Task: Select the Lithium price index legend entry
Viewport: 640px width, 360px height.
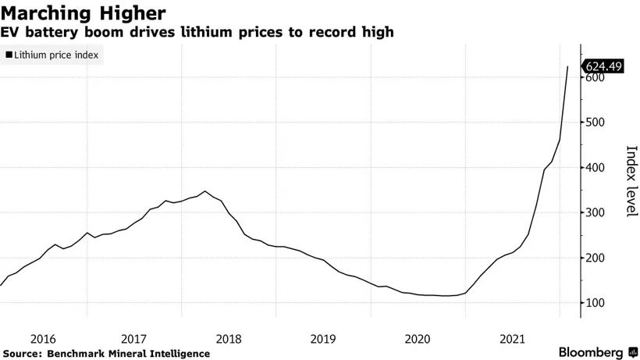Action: [51, 56]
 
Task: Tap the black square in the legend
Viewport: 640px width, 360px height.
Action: [9, 56]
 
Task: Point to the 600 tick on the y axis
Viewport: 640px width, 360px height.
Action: [596, 78]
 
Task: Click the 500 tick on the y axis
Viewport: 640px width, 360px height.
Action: [596, 123]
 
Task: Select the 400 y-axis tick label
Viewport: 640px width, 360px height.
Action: [596, 168]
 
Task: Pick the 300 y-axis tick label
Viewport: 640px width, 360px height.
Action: [596, 212]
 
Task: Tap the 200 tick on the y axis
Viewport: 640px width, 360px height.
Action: [596, 258]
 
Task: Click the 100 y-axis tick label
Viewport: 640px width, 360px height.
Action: [596, 302]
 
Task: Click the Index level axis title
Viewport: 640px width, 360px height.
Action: [629, 180]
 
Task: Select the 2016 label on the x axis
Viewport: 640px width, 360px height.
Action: [43, 339]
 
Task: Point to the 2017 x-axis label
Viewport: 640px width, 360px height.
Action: [135, 339]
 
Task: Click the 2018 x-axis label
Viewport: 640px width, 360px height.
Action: [229, 339]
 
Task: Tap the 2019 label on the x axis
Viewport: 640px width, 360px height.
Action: [323, 339]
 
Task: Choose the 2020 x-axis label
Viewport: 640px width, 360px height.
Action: [418, 339]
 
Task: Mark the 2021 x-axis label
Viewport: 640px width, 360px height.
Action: [511, 339]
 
